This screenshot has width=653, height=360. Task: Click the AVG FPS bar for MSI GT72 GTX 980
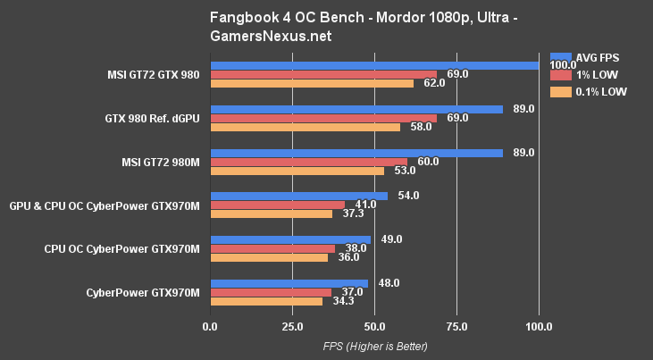pos(375,64)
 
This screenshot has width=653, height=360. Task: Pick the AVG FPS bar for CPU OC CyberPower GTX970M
pos(290,239)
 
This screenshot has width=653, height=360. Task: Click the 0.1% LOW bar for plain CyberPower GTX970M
pos(266,301)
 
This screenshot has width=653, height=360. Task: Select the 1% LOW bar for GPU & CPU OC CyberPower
pos(277,205)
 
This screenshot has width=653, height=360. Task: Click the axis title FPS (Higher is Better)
pos(375,346)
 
